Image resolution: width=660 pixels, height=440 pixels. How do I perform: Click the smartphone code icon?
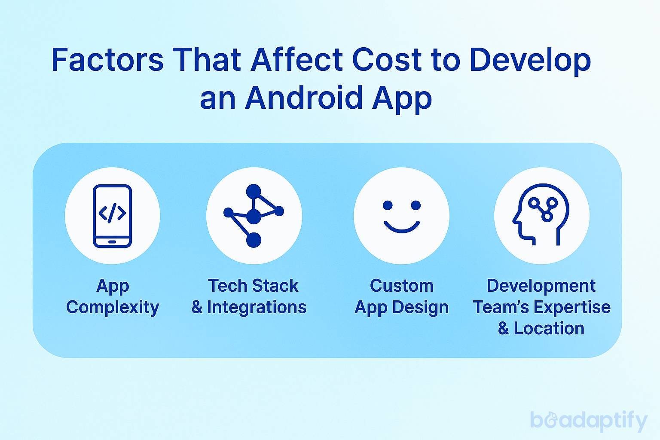[112, 216]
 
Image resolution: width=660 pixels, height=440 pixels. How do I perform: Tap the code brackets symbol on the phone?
[112, 213]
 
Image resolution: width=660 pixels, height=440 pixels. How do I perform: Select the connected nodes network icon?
[254, 216]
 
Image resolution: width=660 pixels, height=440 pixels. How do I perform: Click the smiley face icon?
[401, 216]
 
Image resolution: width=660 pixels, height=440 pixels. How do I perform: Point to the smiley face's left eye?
[388, 205]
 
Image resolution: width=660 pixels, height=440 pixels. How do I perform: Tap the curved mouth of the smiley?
[401, 227]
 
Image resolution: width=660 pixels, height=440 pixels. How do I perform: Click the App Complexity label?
[113, 296]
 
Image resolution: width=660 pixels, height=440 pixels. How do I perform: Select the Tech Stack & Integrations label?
[249, 296]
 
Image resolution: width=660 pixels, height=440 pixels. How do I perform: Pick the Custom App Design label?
[402, 296]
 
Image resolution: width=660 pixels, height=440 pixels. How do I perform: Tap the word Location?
[549, 328]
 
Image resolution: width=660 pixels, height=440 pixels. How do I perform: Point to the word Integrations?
[257, 307]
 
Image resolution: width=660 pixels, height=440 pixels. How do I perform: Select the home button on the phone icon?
[112, 241]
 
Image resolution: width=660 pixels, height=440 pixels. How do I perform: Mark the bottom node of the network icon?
[254, 240]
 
